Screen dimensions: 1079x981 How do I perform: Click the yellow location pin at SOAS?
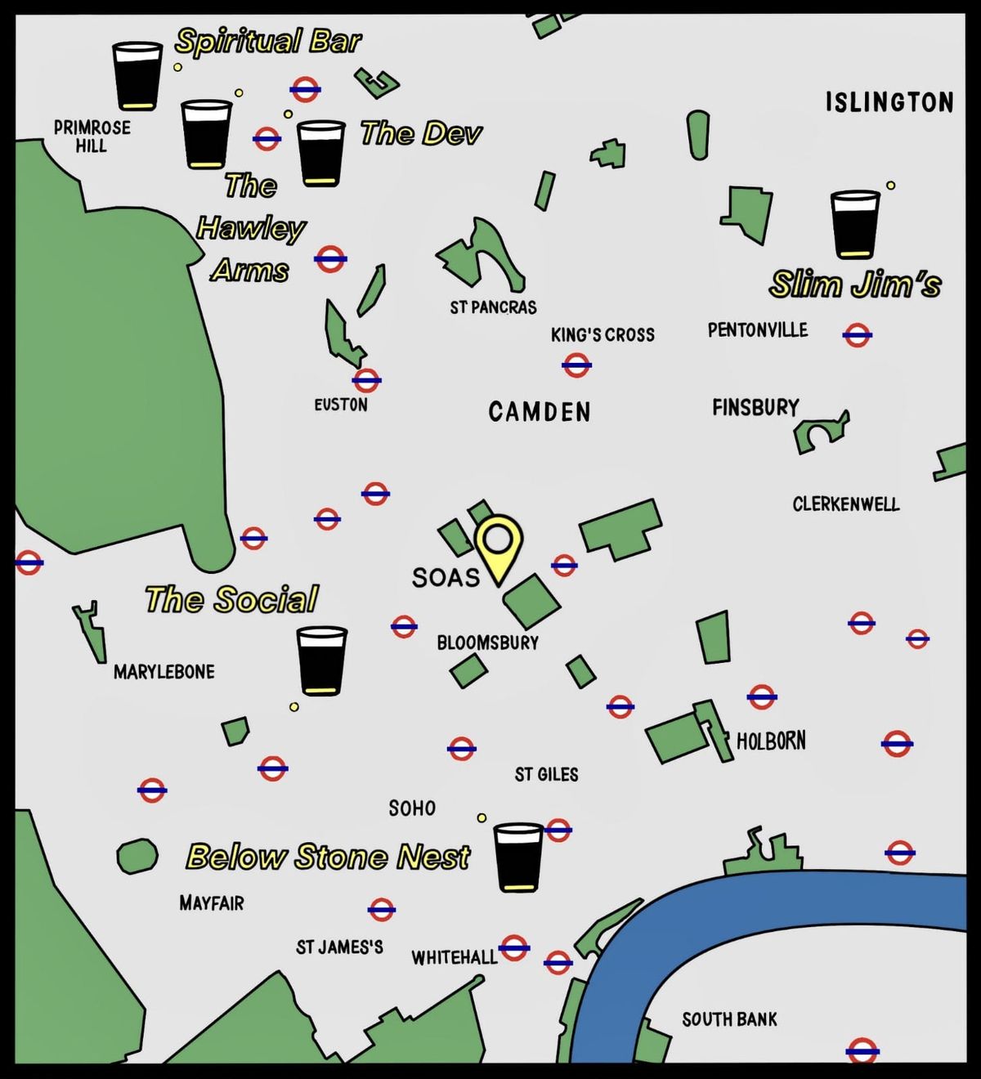(499, 543)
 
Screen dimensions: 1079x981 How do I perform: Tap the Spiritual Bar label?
(267, 41)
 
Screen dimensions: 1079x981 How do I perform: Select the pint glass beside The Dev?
(320, 153)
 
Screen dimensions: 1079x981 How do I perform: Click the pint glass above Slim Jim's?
(855, 224)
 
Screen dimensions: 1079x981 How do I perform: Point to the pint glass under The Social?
(321, 660)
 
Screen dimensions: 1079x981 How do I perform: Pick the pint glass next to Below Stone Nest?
(519, 856)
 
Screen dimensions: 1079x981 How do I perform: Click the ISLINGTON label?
(889, 102)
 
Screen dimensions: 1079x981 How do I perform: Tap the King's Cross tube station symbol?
(576, 365)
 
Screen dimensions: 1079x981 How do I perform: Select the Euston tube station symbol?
(366, 379)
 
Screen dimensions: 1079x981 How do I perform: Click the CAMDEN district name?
(540, 411)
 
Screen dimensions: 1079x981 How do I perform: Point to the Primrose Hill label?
(92, 137)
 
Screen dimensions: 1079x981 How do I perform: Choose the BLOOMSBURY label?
(488, 642)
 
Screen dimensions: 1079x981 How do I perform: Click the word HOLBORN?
(771, 741)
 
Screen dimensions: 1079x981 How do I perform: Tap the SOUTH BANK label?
(729, 1019)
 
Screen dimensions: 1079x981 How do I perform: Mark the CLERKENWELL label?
(846, 504)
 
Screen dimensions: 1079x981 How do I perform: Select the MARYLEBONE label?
(164, 672)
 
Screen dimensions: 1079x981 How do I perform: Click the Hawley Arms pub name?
(250, 227)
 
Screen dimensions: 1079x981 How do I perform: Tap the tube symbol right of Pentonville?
(857, 334)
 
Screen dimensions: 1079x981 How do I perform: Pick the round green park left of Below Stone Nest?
(137, 856)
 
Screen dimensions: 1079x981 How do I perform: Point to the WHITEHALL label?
(454, 957)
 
